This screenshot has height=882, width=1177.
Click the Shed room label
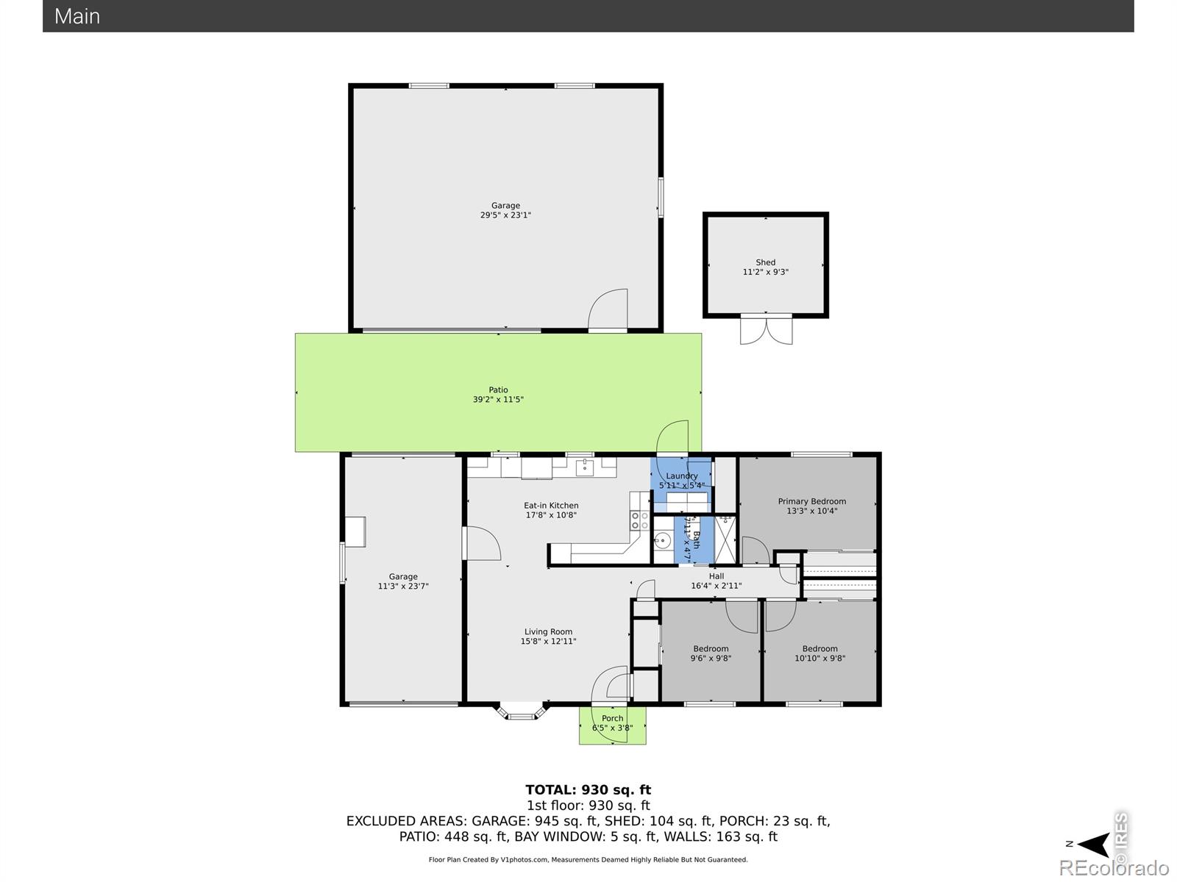[765, 262]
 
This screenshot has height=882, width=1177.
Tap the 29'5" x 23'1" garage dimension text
[505, 215]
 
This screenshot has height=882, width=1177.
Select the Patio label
[498, 390]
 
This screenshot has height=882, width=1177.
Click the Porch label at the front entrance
[612, 718]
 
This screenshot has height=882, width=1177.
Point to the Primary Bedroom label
[811, 501]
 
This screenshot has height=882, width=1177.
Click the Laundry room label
[681, 476]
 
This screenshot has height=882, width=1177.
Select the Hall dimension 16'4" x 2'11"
[716, 586]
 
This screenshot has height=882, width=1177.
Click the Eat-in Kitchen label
[551, 506]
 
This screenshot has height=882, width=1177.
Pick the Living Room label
[548, 631]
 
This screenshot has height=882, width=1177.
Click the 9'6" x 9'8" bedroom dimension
[711, 659]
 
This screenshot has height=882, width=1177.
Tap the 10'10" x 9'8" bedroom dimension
[819, 659]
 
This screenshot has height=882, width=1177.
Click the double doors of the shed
[766, 330]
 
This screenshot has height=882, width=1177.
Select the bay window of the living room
[522, 711]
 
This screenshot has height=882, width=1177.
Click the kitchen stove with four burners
[639, 521]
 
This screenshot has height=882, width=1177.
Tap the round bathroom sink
[662, 542]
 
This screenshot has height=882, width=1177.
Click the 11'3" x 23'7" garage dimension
[402, 587]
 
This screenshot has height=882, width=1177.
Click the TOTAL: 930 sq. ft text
[588, 791]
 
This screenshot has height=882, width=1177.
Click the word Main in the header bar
[77, 16]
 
